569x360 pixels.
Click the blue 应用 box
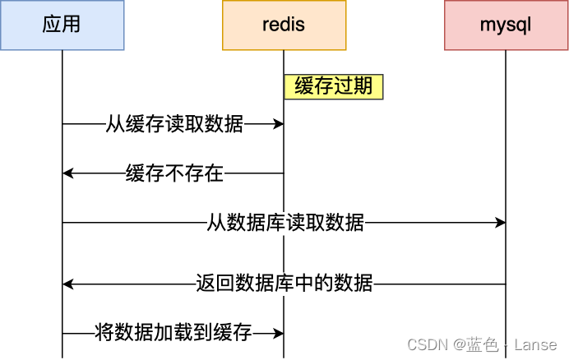tap(62, 25)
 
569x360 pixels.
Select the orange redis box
tap(284, 25)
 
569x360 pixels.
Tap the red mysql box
tap(506, 25)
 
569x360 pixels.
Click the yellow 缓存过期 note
tap(334, 87)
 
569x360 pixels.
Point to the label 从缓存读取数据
tap(174, 124)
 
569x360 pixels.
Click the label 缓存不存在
tap(174, 173)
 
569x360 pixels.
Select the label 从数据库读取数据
tap(285, 223)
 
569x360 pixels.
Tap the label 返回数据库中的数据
tap(284, 284)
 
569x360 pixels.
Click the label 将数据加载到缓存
tap(173, 333)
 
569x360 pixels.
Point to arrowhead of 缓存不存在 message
tap(68, 173)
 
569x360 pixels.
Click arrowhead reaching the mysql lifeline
tap(500, 223)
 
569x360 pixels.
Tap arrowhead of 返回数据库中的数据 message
tap(68, 284)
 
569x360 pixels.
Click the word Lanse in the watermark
tap(535, 345)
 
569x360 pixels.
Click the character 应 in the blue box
tap(52, 25)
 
